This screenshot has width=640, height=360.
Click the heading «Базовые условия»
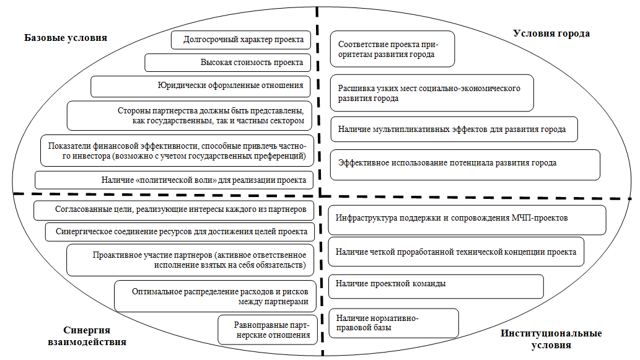[x=66, y=38]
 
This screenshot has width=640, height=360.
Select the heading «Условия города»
[x=551, y=33]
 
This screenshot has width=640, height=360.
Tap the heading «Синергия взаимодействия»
[x=87, y=335]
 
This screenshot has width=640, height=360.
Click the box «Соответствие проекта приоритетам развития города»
[x=392, y=49]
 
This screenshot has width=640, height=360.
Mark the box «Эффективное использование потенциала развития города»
[x=465, y=164]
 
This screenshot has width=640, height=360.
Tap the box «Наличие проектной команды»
[x=435, y=284]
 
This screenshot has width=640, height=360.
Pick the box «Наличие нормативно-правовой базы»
[x=393, y=322]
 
